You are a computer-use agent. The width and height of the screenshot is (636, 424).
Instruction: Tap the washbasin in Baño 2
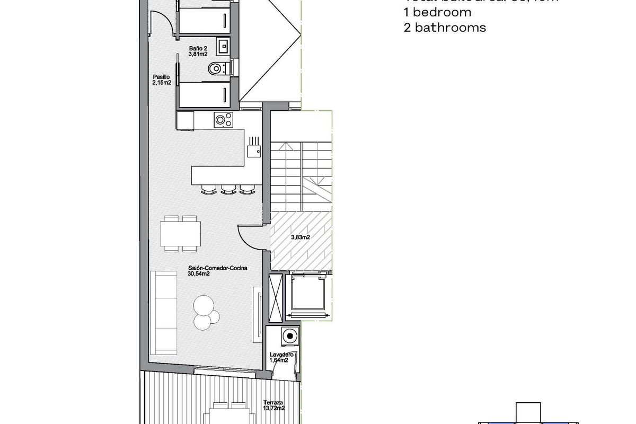(225, 46)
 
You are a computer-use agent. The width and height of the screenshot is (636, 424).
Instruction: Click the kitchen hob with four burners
(223, 120)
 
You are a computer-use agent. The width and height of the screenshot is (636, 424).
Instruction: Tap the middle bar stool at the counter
(228, 188)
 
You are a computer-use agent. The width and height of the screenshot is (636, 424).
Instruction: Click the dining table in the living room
(180, 233)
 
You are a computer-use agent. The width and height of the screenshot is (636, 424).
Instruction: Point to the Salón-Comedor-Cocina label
(217, 268)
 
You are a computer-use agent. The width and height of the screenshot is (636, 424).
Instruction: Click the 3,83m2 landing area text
(301, 237)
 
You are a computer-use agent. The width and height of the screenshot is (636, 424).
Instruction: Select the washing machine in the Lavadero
(289, 335)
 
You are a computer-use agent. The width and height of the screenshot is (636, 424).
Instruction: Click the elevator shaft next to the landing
(308, 295)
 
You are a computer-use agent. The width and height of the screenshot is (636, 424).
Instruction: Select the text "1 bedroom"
(437, 12)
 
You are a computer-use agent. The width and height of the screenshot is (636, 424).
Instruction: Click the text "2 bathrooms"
(444, 28)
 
